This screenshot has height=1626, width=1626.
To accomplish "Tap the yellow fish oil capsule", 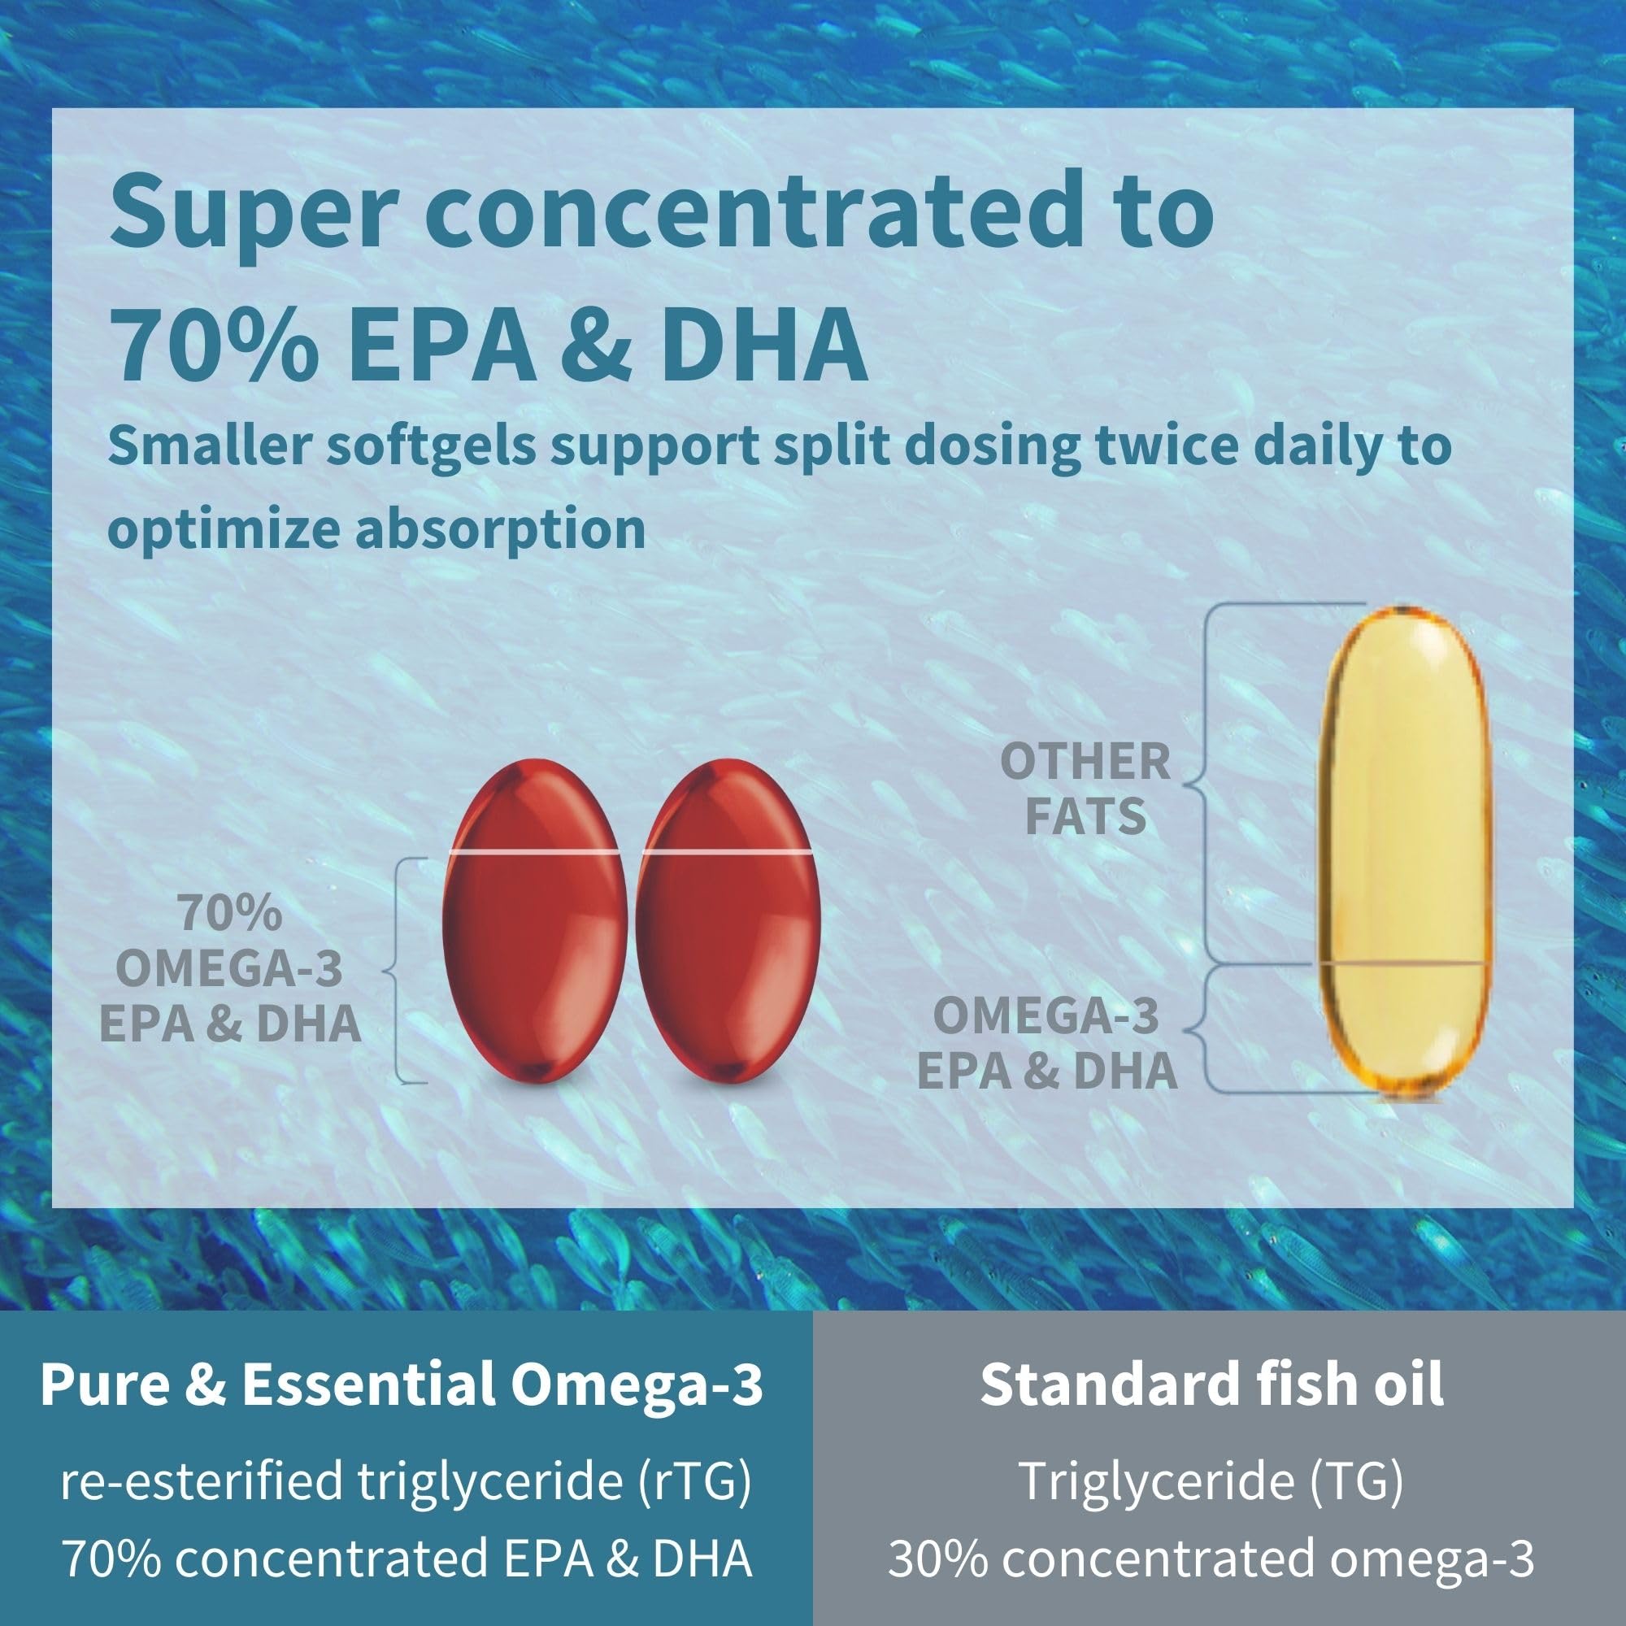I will [x=1400, y=850].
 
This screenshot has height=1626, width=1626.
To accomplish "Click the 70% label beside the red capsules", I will [x=229, y=914].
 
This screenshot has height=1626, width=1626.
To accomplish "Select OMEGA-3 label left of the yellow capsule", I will [x=1046, y=1015].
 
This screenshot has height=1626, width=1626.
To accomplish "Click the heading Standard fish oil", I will [x=1212, y=1384].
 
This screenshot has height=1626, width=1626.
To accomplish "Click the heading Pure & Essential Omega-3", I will [x=402, y=1384].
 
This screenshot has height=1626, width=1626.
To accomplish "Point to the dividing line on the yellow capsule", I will [x=1400, y=962].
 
